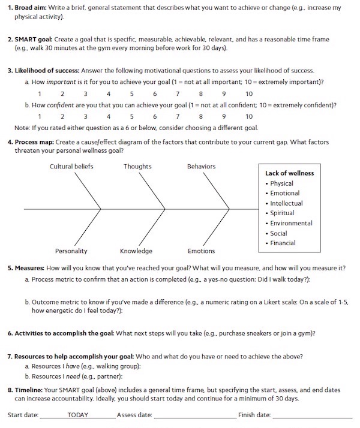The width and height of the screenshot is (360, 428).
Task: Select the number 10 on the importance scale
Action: click(x=249, y=94)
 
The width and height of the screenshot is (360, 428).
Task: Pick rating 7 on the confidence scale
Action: click(x=178, y=116)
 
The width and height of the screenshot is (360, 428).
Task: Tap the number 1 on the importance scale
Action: click(x=40, y=94)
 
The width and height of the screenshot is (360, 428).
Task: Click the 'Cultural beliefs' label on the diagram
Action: click(x=71, y=166)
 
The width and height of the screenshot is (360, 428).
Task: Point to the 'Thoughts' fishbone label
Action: click(x=137, y=166)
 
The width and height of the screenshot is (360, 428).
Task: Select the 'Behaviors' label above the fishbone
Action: click(x=201, y=166)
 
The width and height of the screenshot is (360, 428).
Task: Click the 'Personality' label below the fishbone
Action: click(x=71, y=251)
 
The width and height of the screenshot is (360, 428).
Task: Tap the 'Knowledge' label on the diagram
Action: click(x=136, y=251)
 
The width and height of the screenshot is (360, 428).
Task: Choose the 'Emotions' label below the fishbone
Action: click(x=201, y=251)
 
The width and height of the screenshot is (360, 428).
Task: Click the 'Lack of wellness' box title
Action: click(x=289, y=173)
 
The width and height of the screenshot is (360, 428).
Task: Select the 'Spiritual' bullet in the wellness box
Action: click(x=282, y=213)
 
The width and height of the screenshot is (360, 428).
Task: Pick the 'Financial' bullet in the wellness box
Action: click(x=283, y=243)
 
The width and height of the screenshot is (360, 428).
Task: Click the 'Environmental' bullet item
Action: click(x=291, y=223)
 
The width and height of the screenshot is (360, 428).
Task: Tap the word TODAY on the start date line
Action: click(x=78, y=414)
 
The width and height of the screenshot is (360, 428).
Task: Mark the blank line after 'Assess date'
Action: click(x=194, y=415)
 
